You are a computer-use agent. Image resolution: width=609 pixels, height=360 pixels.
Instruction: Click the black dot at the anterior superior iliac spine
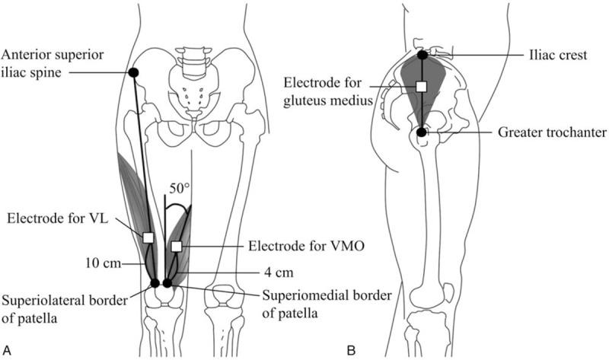132,72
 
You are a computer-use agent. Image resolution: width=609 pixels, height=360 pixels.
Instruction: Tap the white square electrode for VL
148,237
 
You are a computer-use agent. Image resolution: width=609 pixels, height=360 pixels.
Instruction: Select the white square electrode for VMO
176,246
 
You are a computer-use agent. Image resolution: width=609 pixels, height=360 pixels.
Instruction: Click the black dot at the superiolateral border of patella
155,283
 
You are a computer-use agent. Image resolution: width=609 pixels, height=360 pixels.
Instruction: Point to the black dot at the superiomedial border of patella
167,283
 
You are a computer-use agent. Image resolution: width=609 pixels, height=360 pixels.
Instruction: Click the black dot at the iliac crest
422,55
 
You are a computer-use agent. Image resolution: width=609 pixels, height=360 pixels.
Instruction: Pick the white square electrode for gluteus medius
421,88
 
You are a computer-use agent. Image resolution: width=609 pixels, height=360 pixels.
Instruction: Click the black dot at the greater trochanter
422,132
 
